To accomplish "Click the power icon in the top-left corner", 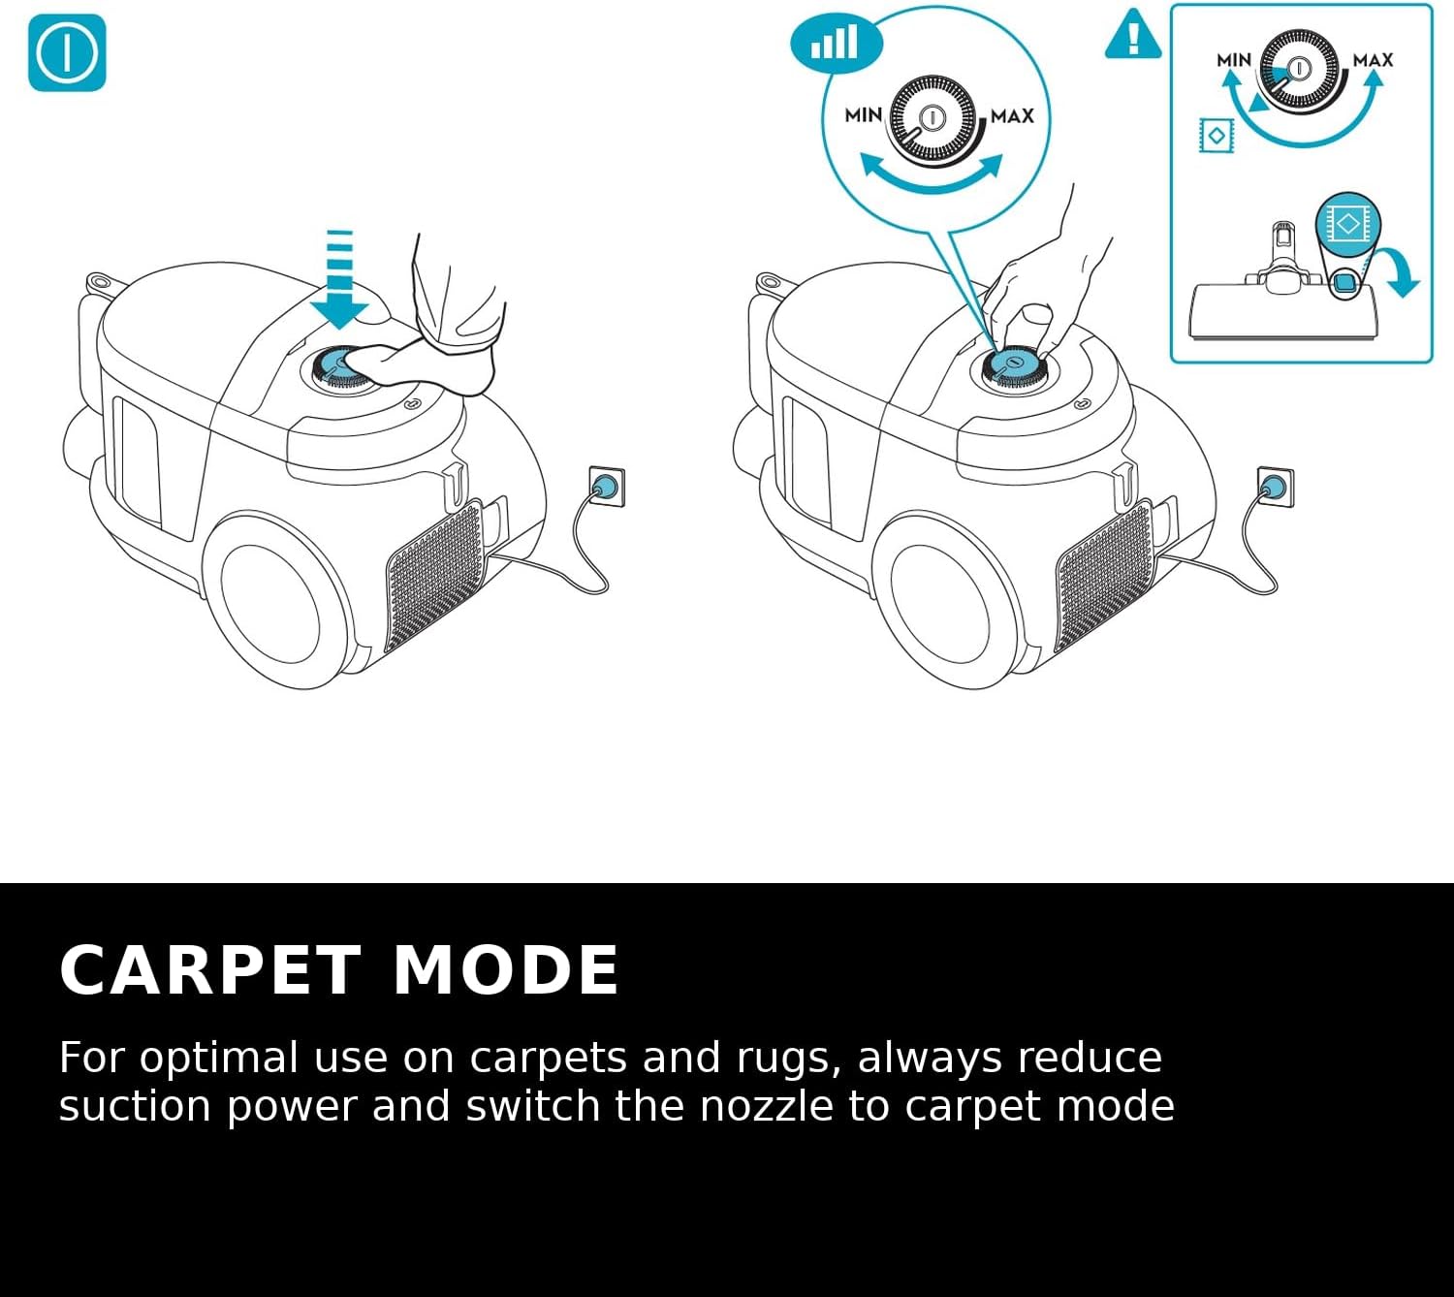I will [67, 52].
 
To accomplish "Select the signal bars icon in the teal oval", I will [835, 44].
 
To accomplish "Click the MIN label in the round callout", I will [863, 115].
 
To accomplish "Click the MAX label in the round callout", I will [1012, 115].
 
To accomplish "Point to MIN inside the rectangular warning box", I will [1234, 60].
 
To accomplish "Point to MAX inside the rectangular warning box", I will [1373, 60].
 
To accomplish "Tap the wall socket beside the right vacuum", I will [1276, 485].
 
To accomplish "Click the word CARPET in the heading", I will [209, 970].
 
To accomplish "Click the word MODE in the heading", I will [505, 970].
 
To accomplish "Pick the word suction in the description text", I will [135, 1106].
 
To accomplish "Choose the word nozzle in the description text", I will [766, 1106].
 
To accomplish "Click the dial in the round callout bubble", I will [932, 118].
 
